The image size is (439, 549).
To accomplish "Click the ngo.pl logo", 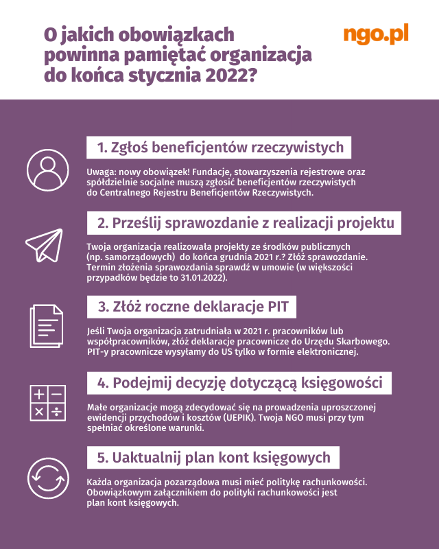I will (x=375, y=34).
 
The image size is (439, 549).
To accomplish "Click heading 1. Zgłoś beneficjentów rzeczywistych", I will (x=220, y=148).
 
